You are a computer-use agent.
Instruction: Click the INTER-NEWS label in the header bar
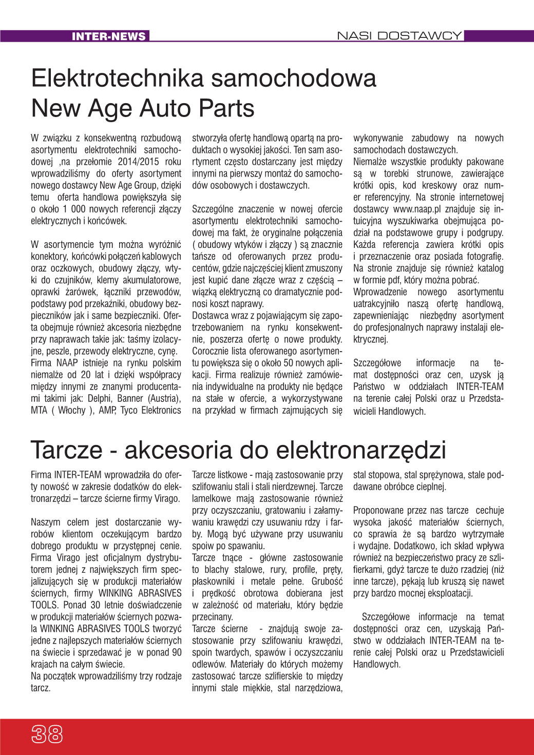coord(109,36)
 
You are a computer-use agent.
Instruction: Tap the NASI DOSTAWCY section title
coord(399,35)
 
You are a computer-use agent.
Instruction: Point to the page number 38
coord(47,734)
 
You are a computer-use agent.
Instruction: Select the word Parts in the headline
coord(226,108)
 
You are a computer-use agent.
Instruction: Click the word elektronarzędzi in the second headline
coord(361,450)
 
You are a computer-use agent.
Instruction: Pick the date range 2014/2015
coord(139,162)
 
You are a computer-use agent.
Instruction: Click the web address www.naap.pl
coord(417,209)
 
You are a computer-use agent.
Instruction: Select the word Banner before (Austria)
coord(130,398)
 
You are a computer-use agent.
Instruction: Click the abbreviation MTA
coord(39,410)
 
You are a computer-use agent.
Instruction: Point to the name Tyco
coord(128,410)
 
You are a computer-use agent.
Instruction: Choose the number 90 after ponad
coord(176,652)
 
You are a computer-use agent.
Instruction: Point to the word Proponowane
coord(377,510)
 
